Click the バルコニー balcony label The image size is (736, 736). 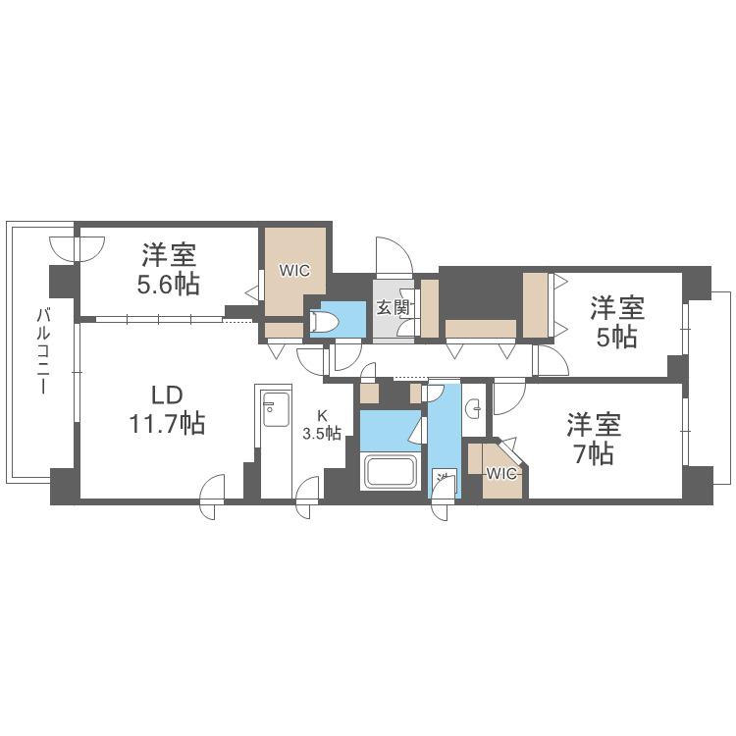click(43, 350)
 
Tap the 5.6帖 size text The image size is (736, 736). click(169, 284)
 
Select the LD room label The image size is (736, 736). click(167, 395)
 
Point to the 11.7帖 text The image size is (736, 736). click(168, 423)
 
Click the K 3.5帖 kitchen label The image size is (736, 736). click(322, 425)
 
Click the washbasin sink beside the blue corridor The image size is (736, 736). click(475, 408)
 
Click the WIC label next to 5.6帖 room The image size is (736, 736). click(294, 271)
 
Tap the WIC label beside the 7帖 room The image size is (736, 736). click(500, 474)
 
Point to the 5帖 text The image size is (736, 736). click(617, 337)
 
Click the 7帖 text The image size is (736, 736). click(594, 453)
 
